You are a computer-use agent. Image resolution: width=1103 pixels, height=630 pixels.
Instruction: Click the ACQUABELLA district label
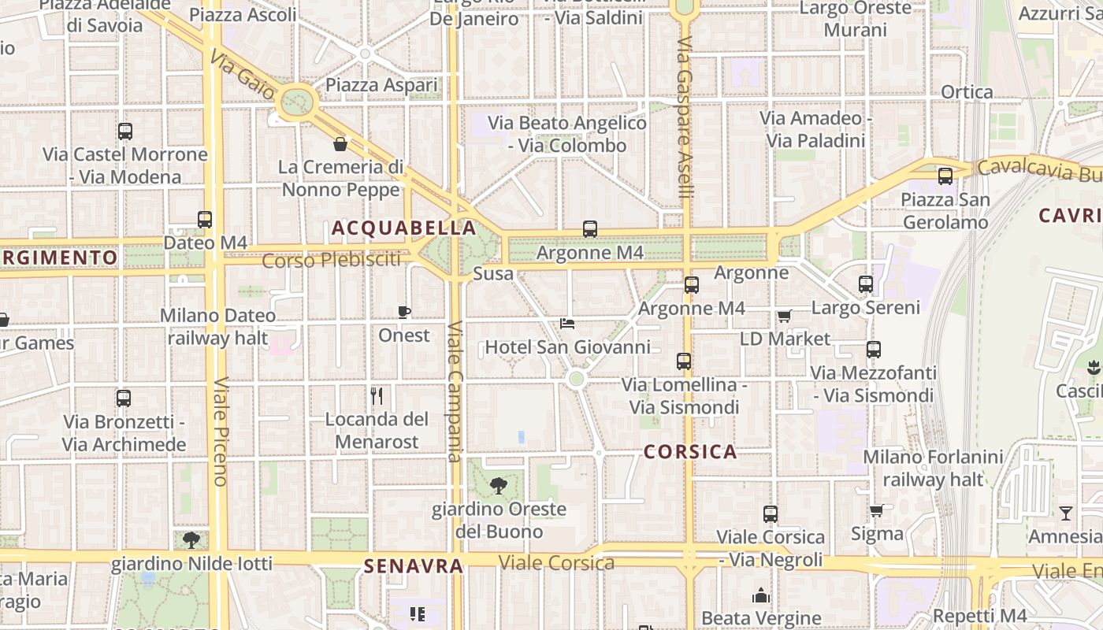pyautogui.click(x=403, y=228)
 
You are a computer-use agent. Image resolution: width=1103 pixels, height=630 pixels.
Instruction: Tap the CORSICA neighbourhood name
pyautogui.click(x=690, y=452)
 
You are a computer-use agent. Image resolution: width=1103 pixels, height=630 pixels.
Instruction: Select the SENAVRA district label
pyautogui.click(x=413, y=566)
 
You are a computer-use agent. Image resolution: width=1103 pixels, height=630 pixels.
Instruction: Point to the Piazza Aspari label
pyautogui.click(x=381, y=85)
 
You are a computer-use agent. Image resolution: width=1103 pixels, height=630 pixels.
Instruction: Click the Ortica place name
pyautogui.click(x=967, y=92)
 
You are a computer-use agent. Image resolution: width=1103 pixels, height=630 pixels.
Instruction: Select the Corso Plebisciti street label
pyautogui.click(x=331, y=260)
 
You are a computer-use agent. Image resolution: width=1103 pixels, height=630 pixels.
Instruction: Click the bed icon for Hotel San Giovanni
pyautogui.click(x=567, y=323)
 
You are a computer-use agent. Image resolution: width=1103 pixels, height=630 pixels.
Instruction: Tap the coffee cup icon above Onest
pyautogui.click(x=404, y=312)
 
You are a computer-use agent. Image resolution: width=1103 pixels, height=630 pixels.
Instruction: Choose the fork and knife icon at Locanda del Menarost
pyautogui.click(x=377, y=395)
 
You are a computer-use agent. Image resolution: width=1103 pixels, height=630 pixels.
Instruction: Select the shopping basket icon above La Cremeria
pyautogui.click(x=340, y=143)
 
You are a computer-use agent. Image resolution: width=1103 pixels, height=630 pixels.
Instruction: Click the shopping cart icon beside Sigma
pyautogui.click(x=876, y=511)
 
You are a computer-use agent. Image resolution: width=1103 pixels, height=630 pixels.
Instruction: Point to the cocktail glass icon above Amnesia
pyautogui.click(x=1066, y=513)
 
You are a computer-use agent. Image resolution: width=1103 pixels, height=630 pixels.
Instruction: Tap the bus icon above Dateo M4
pyautogui.click(x=205, y=220)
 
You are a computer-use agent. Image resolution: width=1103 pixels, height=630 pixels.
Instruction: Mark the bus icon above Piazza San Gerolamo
pyautogui.click(x=945, y=176)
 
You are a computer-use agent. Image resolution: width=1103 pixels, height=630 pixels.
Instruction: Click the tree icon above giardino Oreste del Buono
pyautogui.click(x=498, y=485)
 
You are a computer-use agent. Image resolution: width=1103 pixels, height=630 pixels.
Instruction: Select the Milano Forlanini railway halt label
pyautogui.click(x=933, y=468)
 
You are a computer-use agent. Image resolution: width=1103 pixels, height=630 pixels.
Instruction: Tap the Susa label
pyautogui.click(x=493, y=274)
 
